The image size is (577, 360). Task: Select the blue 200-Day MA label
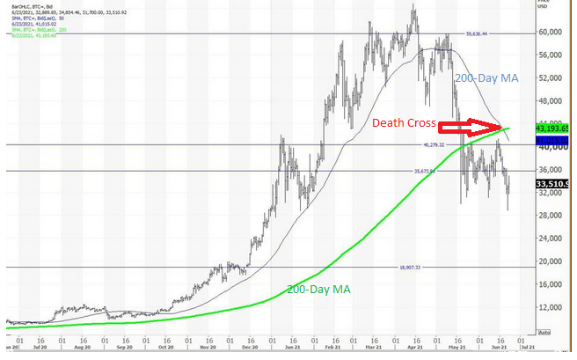(x=486, y=78)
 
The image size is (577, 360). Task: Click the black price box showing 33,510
(x=553, y=184)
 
